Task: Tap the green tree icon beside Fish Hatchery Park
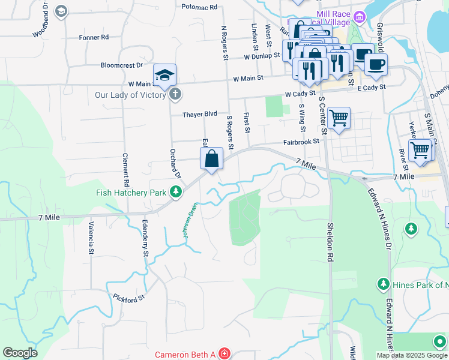[175, 192]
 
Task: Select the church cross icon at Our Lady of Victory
[175, 94]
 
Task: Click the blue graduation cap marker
[164, 75]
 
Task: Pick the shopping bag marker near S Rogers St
[212, 160]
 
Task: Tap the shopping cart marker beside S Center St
[339, 118]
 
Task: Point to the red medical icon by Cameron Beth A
[224, 354]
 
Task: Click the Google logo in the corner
[19, 353]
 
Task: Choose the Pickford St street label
[129, 297]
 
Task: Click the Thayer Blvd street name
[200, 114]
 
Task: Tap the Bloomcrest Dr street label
[122, 65]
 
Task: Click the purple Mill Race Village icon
[360, 16]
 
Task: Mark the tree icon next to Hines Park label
[382, 283]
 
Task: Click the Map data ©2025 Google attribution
[411, 355]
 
